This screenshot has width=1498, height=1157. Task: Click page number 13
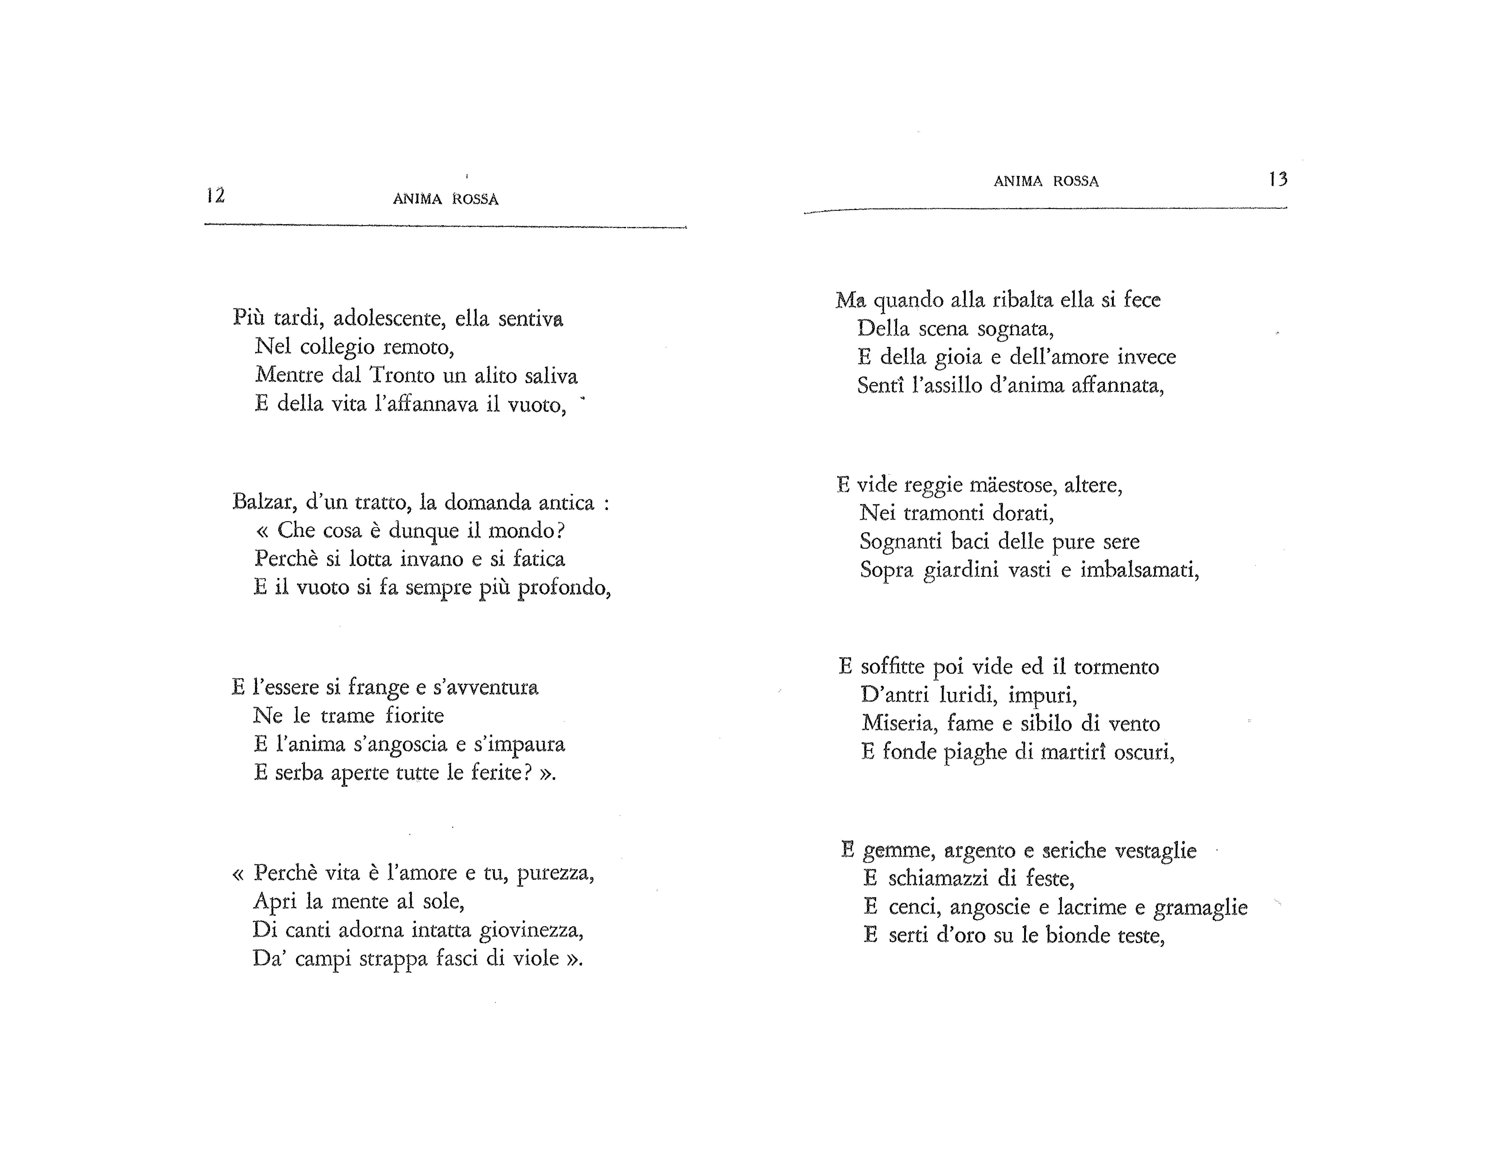[1278, 180]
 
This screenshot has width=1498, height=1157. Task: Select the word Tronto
[402, 376]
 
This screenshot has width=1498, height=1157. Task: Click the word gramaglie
[1200, 908]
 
